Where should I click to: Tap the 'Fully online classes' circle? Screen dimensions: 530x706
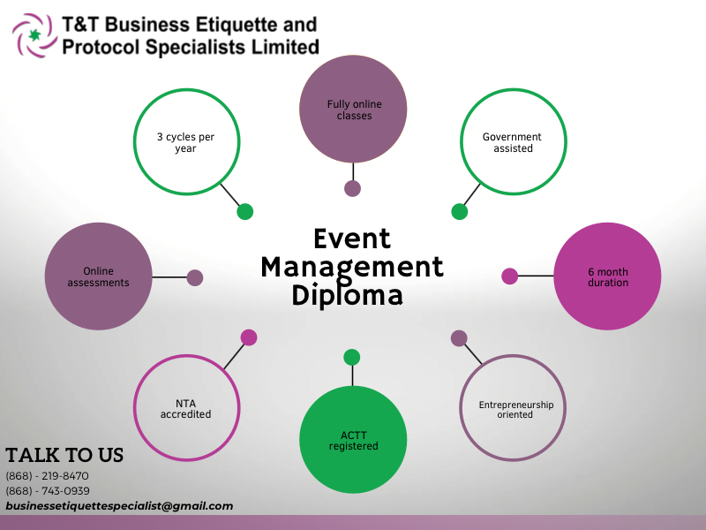pyautogui.click(x=353, y=110)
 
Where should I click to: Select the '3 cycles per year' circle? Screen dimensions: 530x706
pyautogui.click(x=185, y=142)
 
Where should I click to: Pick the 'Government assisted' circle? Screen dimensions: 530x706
pyautogui.click(x=513, y=142)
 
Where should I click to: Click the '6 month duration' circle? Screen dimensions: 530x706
pyautogui.click(x=607, y=276)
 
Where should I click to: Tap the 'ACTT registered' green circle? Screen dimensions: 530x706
pyautogui.click(x=353, y=440)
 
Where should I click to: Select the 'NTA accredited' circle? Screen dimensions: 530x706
pyautogui.click(x=185, y=408)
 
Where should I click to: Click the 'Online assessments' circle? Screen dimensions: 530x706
pyautogui.click(x=98, y=276)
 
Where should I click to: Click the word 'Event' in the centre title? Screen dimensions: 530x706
pyautogui.click(x=352, y=238)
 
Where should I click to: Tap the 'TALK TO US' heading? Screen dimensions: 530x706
pyautogui.click(x=64, y=456)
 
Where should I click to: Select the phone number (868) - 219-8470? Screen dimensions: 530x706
pyautogui.click(x=48, y=476)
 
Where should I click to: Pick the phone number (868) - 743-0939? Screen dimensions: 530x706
pyautogui.click(x=48, y=491)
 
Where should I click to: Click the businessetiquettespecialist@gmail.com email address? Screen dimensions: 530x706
pyautogui.click(x=119, y=506)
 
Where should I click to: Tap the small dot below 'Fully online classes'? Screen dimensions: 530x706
pyautogui.click(x=353, y=188)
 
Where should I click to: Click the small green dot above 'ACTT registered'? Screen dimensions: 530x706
pyautogui.click(x=352, y=357)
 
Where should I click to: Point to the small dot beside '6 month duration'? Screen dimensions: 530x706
pyautogui.click(x=509, y=276)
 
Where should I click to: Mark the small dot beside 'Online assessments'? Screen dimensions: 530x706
pyautogui.click(x=195, y=277)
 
